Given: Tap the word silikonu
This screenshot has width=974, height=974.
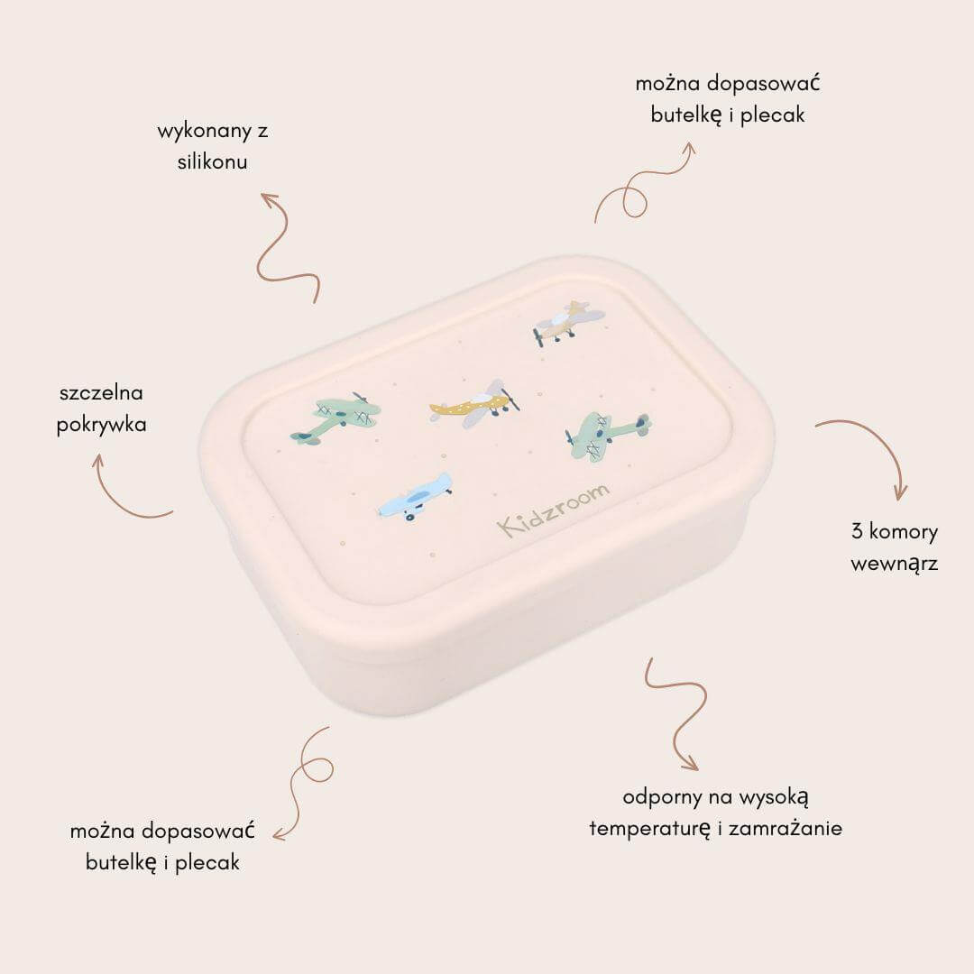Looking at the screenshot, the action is [x=213, y=161].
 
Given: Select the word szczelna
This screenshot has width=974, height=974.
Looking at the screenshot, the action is [x=101, y=392].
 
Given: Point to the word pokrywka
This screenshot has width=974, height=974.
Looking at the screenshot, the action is [x=101, y=425].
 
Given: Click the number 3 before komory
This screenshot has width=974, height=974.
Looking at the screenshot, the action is [x=858, y=532].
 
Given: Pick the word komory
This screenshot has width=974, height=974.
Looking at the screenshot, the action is [x=904, y=533].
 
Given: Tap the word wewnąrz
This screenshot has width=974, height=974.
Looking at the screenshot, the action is [x=895, y=564].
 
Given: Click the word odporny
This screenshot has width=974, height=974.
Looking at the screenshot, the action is [x=662, y=797].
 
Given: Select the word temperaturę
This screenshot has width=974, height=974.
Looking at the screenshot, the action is [x=649, y=829].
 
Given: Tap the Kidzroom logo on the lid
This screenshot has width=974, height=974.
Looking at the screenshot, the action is [x=553, y=510].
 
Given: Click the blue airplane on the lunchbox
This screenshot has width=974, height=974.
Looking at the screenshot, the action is [x=415, y=497].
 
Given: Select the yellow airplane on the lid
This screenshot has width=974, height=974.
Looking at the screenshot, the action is [x=474, y=404].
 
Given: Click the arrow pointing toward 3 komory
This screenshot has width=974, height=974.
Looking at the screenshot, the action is [x=875, y=441].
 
